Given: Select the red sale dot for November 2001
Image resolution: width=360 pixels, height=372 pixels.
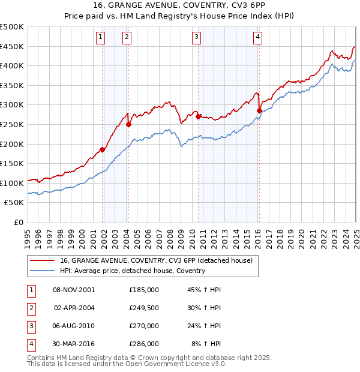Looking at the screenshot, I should (103, 150).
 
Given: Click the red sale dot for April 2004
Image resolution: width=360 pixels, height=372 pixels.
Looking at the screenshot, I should (128, 125).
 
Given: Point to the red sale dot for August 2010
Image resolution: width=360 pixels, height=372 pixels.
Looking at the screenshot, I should (198, 117).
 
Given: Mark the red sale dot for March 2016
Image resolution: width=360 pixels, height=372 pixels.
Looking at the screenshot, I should (259, 110).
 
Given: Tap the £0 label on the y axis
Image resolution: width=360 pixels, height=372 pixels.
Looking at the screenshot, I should (19, 222).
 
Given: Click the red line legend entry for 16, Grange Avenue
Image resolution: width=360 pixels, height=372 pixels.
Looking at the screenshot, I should (156, 260).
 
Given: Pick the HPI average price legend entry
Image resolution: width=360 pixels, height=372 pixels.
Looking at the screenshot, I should (132, 271).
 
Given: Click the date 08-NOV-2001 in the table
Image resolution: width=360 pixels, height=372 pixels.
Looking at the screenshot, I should (74, 290).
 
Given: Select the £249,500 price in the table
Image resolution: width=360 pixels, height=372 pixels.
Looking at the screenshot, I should (144, 308).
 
